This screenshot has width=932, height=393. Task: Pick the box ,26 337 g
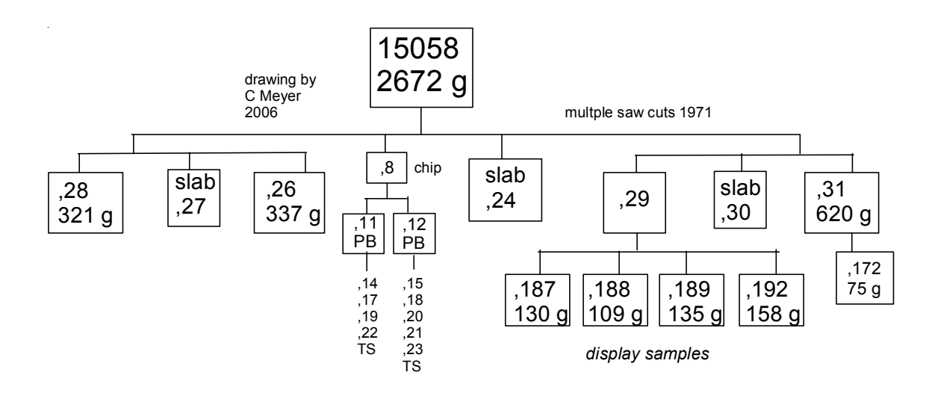point(290,199)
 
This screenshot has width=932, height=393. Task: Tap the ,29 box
point(636,199)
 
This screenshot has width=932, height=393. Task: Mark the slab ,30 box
point(742,199)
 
